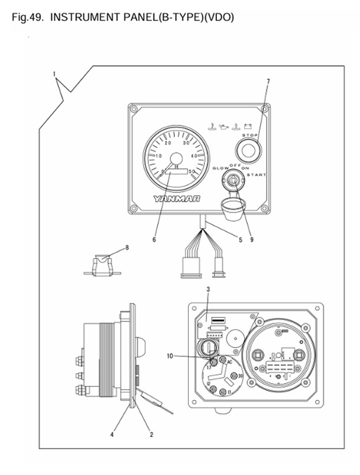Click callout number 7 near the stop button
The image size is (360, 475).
tap(267, 82)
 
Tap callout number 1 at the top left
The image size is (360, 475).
tap(53, 73)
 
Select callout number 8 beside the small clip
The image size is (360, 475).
tap(127, 247)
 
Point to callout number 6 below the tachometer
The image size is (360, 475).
tap(154, 240)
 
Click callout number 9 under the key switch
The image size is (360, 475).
tap(251, 240)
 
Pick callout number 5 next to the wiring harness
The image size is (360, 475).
tap(240, 240)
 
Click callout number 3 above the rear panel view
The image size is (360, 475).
tap(208, 289)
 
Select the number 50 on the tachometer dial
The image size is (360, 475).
tap(192, 171)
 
